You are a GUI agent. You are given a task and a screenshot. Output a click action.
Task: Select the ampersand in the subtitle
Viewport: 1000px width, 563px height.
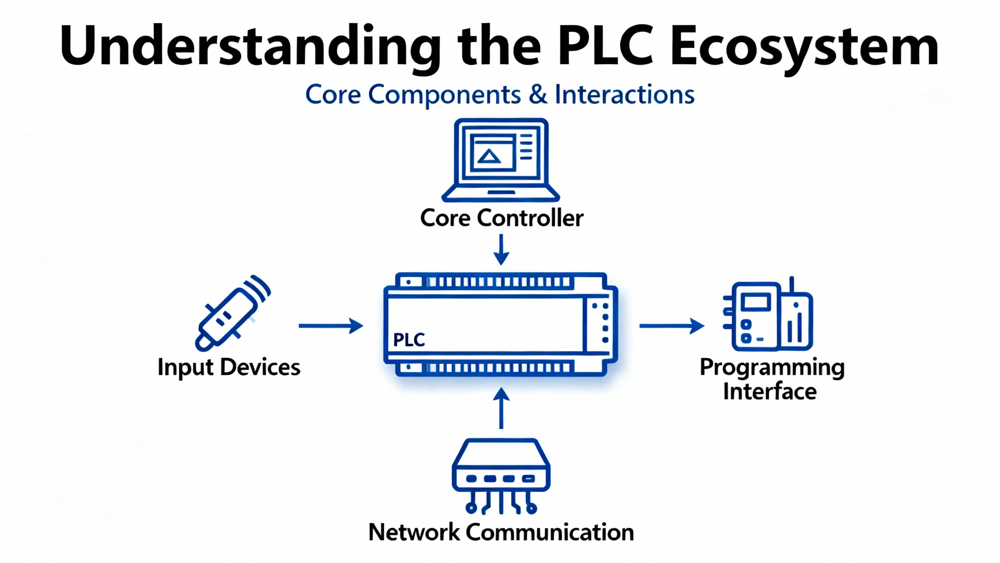[x=538, y=94]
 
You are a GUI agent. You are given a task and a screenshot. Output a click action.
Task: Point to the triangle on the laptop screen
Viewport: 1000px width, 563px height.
[x=489, y=157]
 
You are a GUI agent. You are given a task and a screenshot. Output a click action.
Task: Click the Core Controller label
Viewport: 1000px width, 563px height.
[x=502, y=218]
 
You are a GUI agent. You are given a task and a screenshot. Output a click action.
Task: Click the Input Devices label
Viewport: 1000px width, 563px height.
[x=229, y=367]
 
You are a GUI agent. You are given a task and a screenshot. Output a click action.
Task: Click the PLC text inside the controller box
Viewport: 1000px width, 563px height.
[x=409, y=340]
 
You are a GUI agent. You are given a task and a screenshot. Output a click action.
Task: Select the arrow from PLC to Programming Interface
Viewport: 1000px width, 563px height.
[x=671, y=326]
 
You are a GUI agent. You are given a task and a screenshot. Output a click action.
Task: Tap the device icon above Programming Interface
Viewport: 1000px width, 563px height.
[x=768, y=315]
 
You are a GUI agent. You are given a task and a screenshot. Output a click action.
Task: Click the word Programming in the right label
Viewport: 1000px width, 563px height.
[x=772, y=368]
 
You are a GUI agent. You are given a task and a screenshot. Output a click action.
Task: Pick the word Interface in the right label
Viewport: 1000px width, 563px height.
[x=770, y=392]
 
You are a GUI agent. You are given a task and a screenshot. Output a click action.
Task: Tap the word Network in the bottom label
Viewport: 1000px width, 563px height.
[x=414, y=532]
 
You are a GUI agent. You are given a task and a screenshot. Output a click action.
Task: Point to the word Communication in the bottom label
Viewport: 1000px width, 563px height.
[x=550, y=532]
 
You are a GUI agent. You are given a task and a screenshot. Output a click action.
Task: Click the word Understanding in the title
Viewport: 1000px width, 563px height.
[x=250, y=46]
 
